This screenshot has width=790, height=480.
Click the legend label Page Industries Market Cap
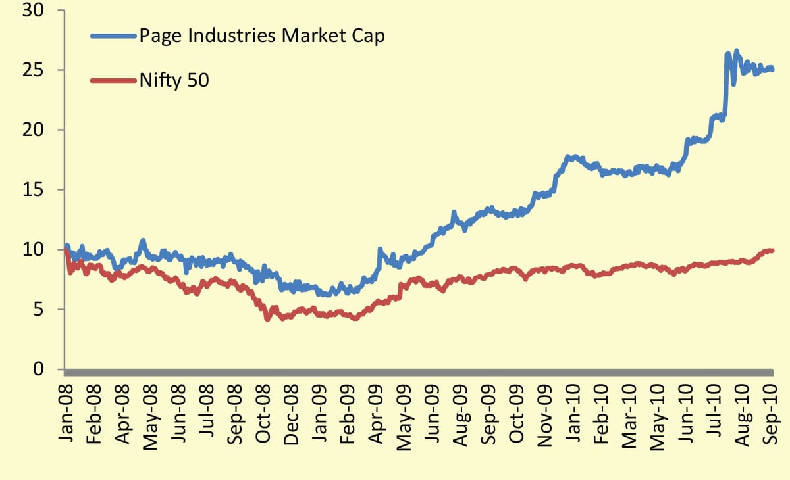tap(261, 36)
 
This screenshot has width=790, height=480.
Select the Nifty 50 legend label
tap(174, 81)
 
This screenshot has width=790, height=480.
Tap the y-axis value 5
tap(39, 310)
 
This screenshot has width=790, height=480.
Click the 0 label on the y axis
tap(39, 370)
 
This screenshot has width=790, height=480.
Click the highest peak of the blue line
tap(736, 51)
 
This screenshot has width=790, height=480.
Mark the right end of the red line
tap(772, 251)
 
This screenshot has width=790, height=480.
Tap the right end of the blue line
tap(772, 70)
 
